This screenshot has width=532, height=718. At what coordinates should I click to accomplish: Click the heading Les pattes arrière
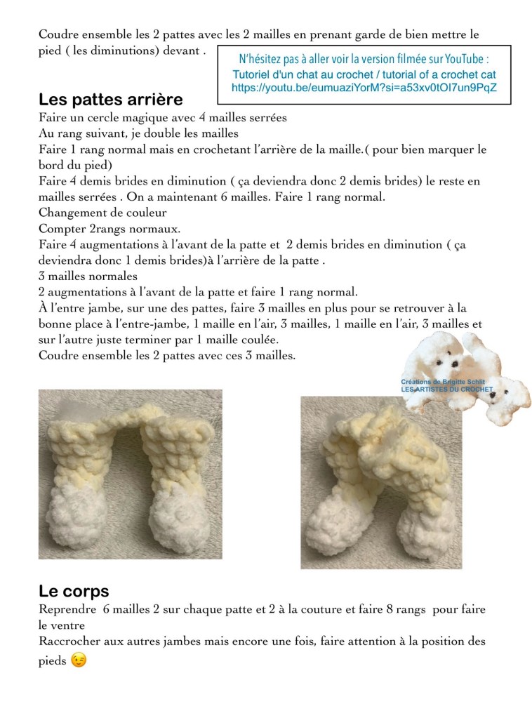coord(110,100)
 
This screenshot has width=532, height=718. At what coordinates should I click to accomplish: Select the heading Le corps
coord(74,592)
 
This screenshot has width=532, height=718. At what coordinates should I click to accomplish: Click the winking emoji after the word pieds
coord(79,660)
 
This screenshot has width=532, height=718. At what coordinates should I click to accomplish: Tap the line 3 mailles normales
coord(88,277)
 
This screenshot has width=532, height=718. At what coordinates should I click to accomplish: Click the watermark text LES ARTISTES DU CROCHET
coord(447,389)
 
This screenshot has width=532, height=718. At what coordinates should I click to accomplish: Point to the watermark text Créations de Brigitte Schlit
coord(447,381)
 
